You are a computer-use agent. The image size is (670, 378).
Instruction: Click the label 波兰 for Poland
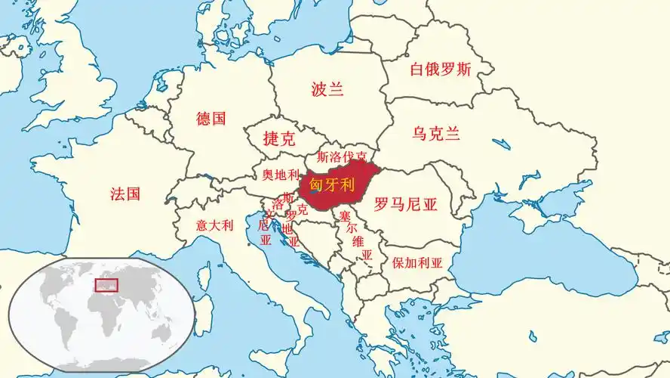(327, 89)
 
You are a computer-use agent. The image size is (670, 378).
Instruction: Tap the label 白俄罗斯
(441, 70)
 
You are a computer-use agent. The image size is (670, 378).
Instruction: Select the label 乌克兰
(436, 135)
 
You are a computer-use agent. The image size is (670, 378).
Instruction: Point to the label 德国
(211, 119)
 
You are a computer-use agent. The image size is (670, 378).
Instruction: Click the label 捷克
(278, 139)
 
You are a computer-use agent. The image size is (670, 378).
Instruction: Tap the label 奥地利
(281, 175)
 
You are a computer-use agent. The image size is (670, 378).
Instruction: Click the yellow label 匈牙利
(332, 184)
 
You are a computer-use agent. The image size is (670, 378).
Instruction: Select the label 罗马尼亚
(406, 203)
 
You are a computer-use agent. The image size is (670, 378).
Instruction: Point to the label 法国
(125, 194)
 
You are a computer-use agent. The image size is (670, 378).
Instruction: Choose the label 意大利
(215, 225)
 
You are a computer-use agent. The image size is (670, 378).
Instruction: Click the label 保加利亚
(417, 264)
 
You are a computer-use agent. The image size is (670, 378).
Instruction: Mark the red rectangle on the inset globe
(106, 285)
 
